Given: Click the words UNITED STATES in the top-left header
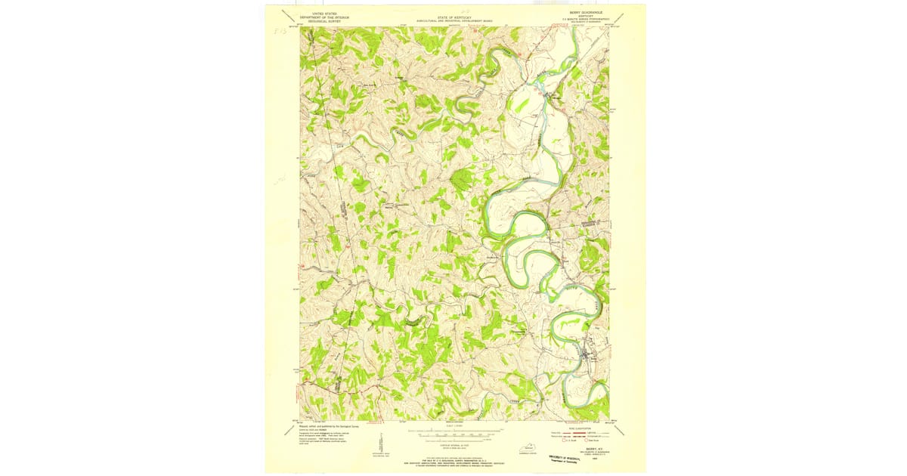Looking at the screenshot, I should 315,14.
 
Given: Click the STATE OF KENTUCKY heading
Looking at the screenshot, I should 453,15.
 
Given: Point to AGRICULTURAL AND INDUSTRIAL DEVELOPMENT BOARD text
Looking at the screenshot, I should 453,20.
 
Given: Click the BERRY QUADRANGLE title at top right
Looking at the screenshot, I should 589,13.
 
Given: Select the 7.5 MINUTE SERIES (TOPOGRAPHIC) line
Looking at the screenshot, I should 589,20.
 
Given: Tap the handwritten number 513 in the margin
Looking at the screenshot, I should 280,34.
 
